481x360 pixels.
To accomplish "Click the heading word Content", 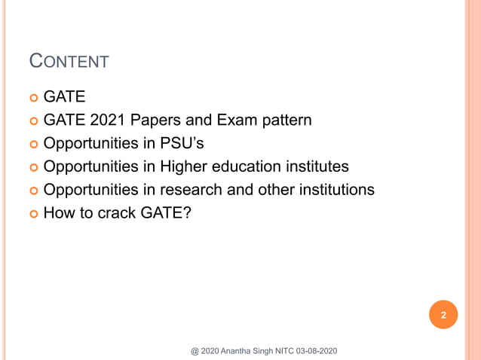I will click(x=68, y=61).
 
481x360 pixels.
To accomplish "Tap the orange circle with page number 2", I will click(x=443, y=316).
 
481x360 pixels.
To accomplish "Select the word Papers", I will click(x=152, y=120).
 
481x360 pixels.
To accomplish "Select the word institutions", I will click(x=334, y=190).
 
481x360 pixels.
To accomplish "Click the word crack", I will click(x=115, y=213).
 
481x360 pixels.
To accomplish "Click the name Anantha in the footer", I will click(x=245, y=351).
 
